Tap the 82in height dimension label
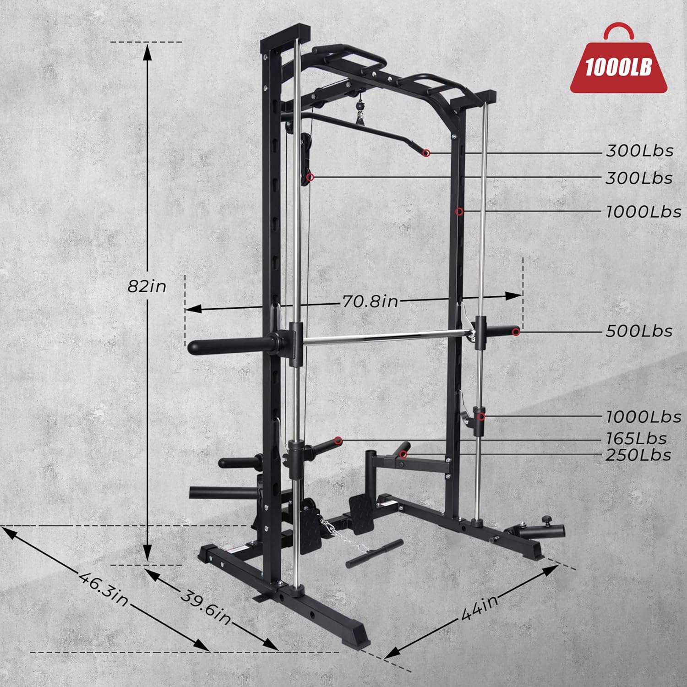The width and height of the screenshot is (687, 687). tap(147, 286)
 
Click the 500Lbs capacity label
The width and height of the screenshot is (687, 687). tap(639, 331)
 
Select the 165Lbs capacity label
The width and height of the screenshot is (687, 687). tap(636, 438)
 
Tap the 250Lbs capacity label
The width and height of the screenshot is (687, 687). tap(638, 455)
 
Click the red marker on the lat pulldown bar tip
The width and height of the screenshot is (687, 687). tap(426, 153)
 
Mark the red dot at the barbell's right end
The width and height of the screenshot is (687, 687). tap(516, 331)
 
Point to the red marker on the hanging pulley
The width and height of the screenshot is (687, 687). tap(311, 177)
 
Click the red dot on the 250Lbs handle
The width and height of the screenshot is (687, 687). tap(403, 454)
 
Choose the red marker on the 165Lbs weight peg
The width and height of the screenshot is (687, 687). tap(338, 441)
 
